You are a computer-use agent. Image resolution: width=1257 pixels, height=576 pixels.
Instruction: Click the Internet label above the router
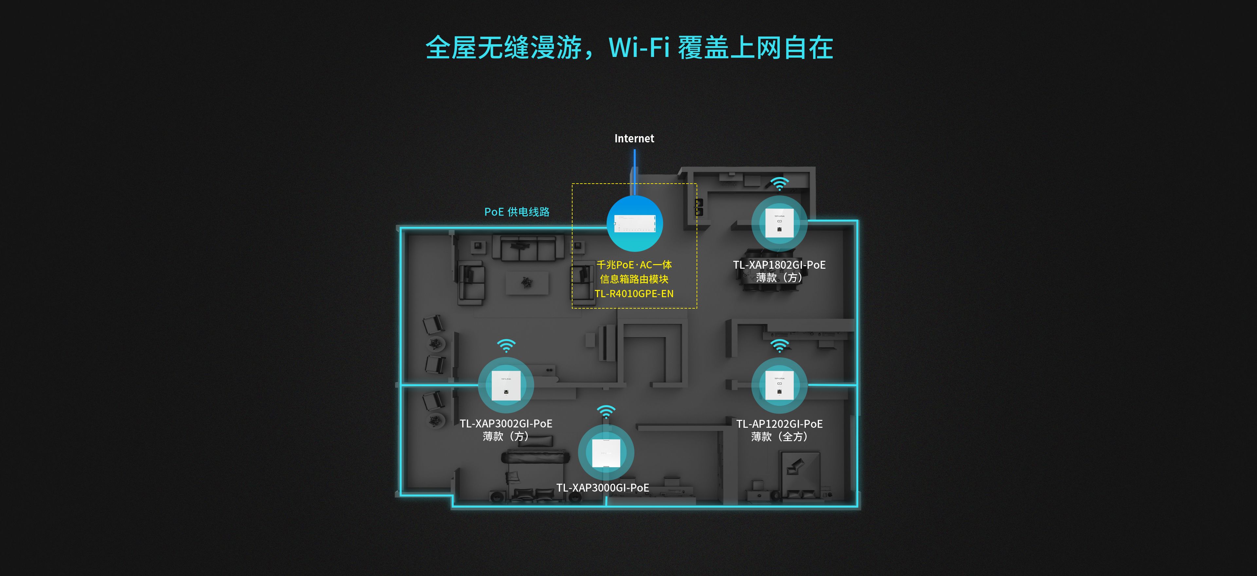click(x=634, y=138)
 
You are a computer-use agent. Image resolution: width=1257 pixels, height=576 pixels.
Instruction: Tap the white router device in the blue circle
click(x=634, y=224)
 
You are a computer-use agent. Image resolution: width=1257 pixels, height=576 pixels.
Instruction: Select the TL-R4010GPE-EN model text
click(x=634, y=294)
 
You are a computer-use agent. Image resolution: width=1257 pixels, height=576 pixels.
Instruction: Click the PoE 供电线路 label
click(x=517, y=212)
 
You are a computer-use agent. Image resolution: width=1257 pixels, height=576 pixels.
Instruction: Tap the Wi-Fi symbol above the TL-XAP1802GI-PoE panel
click(x=779, y=184)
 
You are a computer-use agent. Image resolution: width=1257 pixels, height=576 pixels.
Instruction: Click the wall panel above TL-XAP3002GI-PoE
click(x=506, y=385)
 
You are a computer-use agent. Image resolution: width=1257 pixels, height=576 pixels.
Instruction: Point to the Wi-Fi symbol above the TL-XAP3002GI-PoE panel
click(x=506, y=346)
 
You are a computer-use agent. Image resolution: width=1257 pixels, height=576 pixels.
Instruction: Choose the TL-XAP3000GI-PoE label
click(x=603, y=488)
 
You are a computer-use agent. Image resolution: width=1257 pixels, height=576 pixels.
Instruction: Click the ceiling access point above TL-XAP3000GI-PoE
click(x=606, y=453)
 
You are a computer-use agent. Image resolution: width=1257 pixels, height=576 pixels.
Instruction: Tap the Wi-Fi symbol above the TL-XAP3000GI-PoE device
click(x=606, y=412)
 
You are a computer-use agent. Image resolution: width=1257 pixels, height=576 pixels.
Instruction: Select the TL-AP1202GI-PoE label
click(x=779, y=424)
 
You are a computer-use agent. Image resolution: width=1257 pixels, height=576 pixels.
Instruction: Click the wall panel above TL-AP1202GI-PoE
click(x=779, y=385)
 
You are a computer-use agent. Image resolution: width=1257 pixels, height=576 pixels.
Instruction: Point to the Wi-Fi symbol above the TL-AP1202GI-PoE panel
click(x=779, y=346)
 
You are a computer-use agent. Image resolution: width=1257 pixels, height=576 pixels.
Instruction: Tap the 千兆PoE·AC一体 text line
click(x=634, y=265)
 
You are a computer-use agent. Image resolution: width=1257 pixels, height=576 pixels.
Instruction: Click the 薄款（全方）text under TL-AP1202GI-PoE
click(x=779, y=437)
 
